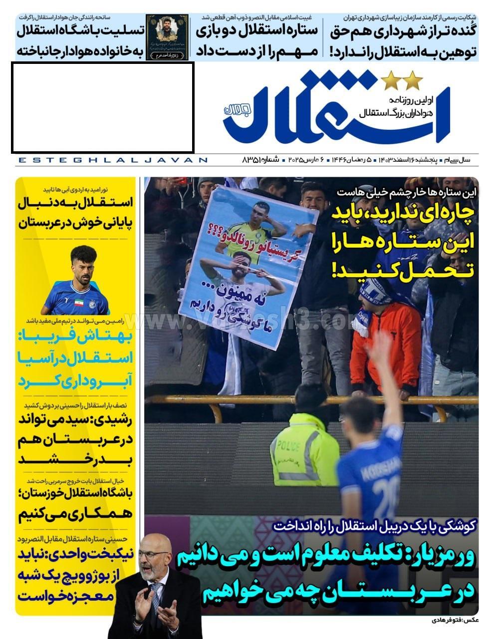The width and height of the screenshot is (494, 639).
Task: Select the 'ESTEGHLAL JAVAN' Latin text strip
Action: coord(112,160)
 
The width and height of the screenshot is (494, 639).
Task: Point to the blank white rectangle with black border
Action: coord(102,107)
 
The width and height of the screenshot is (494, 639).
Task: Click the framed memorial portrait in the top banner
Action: coord(167,36)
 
